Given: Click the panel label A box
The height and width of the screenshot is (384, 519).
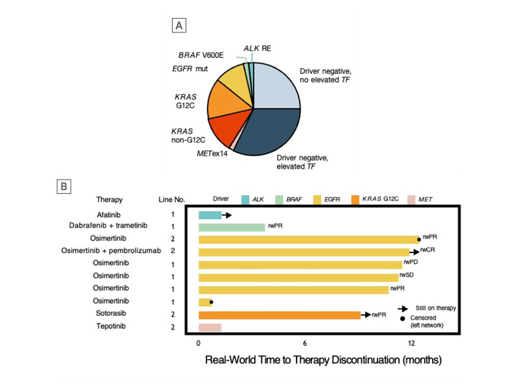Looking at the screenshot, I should click(x=179, y=26).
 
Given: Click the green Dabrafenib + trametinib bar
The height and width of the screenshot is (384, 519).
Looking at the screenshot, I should click(x=232, y=227).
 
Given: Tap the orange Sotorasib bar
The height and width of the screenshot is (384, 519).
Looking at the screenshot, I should click(x=279, y=315).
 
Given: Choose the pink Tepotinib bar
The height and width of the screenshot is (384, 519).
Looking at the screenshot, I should click(x=210, y=327).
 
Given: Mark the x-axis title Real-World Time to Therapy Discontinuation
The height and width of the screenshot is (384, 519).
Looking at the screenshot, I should click(x=324, y=359).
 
